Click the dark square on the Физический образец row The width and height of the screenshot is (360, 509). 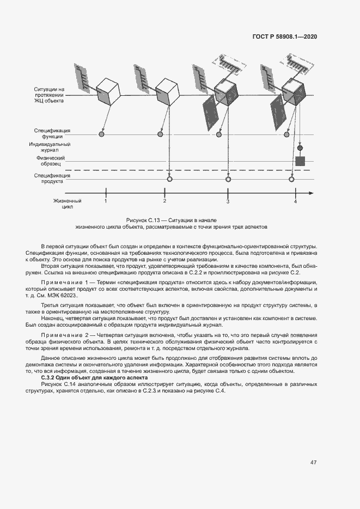pyautogui.click(x=300, y=161)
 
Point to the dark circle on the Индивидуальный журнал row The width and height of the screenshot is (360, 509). pyautogui.click(x=300, y=148)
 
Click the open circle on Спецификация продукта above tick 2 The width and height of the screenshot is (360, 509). pyautogui.click(x=169, y=179)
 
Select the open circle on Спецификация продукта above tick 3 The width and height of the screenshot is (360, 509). pyautogui.click(x=227, y=179)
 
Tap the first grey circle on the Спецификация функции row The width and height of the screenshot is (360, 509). pyautogui.click(x=101, y=134)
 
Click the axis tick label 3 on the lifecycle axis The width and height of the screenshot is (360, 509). pyautogui.click(x=228, y=201)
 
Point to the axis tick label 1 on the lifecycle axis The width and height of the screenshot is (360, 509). pyautogui.click(x=106, y=201)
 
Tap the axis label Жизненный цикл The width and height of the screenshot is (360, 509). pyautogui.click(x=63, y=204)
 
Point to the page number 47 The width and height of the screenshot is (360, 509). pyautogui.click(x=313, y=463)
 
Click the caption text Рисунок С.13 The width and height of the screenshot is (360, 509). pyautogui.click(x=142, y=219)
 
